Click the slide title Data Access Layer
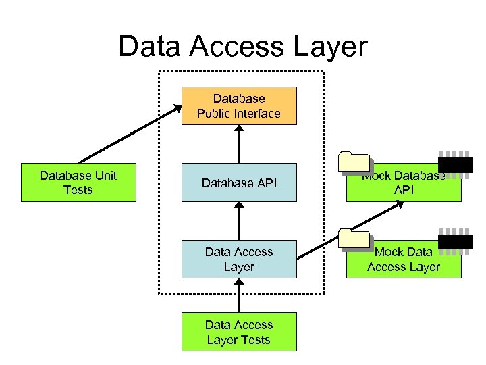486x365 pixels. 242,47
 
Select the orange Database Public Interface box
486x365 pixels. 239,106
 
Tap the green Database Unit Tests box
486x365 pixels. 78,182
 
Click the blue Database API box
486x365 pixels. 239,182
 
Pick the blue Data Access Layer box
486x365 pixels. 239,259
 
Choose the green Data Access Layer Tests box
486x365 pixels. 239,332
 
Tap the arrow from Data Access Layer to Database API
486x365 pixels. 239,221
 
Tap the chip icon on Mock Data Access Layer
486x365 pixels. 456,241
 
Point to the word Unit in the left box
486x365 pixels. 106,176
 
